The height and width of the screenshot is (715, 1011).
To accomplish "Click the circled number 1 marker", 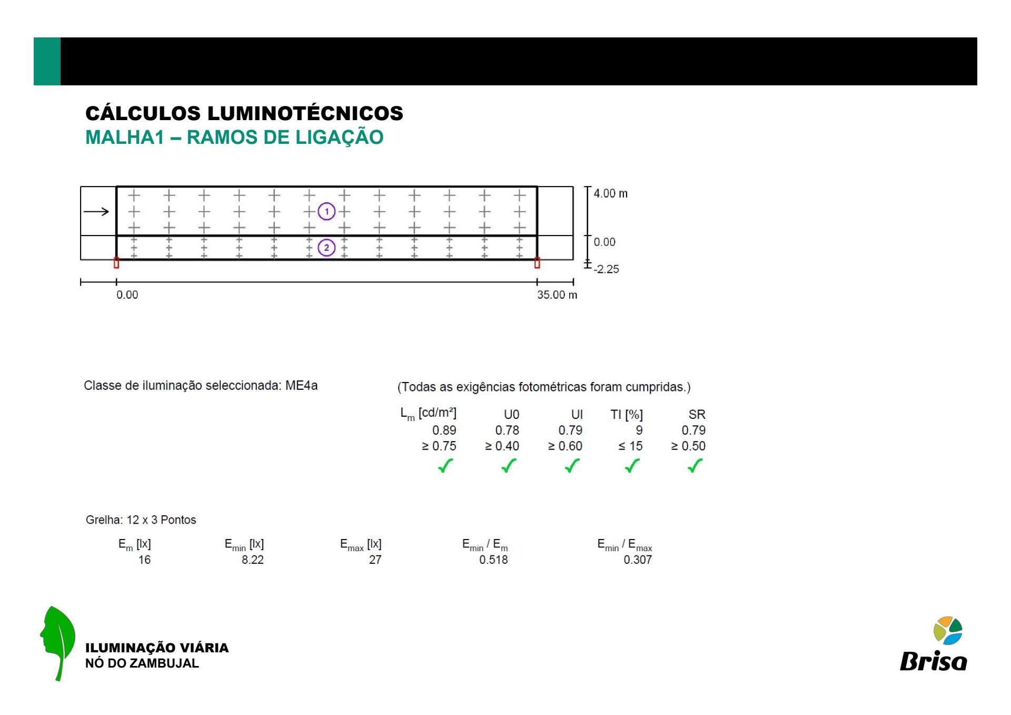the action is [x=326, y=212].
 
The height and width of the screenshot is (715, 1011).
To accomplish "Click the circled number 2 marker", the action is [x=326, y=248].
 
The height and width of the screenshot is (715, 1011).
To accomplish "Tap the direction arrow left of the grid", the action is [x=96, y=212].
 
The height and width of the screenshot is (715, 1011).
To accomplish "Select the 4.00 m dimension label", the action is [x=610, y=193].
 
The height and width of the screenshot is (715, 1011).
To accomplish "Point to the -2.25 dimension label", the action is [x=606, y=269].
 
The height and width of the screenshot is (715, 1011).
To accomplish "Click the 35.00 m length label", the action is [x=557, y=295].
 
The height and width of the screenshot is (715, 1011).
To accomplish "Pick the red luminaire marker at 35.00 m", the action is [x=537, y=262].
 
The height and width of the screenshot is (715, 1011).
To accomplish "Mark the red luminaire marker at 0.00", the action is [x=116, y=262].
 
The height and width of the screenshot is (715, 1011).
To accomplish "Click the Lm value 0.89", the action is [x=444, y=430].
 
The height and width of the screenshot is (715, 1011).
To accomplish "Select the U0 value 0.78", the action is [x=507, y=430].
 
